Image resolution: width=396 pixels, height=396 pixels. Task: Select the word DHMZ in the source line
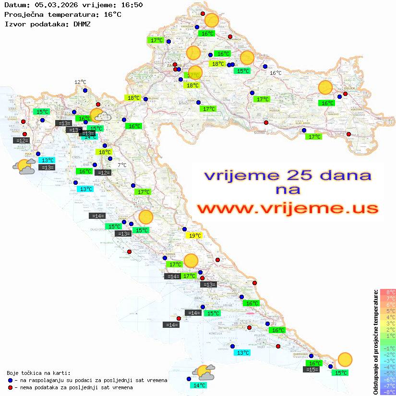pos(82,24)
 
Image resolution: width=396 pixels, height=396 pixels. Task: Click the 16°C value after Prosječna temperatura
pos(112,14)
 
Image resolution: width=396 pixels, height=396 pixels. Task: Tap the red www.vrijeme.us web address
pos(288,208)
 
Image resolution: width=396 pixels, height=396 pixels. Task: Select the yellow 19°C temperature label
pos(194,236)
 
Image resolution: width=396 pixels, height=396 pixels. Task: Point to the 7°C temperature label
pos(122,165)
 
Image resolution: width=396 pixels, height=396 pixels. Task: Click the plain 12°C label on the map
pos(80,82)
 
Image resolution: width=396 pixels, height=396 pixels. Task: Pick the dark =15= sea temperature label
pos(312,370)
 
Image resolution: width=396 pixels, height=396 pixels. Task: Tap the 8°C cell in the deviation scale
pos(388,292)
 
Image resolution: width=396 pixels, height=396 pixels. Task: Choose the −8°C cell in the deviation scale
pos(388,392)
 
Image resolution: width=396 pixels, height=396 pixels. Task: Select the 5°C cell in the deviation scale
pos(388,311)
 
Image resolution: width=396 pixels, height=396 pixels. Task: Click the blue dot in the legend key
pos(11,380)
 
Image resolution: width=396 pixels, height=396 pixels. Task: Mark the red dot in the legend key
pos(11,387)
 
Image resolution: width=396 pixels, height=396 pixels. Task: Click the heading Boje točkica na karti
pos(38,373)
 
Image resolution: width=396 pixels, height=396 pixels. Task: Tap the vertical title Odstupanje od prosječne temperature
pos(376,342)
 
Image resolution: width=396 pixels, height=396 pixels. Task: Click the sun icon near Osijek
pos(325,88)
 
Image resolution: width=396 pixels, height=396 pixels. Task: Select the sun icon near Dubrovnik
pos(345,359)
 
